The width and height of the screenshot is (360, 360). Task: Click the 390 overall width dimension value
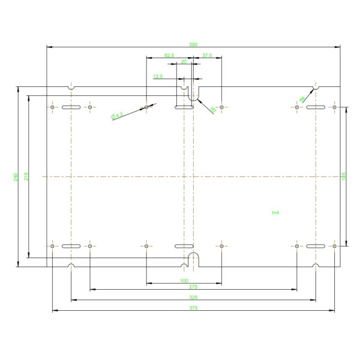193,43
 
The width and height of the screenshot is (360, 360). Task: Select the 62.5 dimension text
169,55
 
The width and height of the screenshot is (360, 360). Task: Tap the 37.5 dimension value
207,55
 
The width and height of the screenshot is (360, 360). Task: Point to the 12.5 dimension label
158,77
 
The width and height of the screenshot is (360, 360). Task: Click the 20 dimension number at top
184,62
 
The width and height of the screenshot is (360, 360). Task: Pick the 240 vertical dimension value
15,177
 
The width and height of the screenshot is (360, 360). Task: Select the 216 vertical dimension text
26,177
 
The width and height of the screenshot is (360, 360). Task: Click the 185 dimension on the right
343,176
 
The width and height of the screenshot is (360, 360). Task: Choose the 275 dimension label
193,287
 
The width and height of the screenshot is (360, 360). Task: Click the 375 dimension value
193,308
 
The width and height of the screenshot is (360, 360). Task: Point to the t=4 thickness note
275,212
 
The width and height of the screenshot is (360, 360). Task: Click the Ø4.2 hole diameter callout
117,115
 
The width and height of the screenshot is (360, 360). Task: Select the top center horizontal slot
184,107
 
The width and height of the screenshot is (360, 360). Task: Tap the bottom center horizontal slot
184,247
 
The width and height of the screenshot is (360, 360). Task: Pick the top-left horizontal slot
71,107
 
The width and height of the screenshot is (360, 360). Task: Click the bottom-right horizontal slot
316,247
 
